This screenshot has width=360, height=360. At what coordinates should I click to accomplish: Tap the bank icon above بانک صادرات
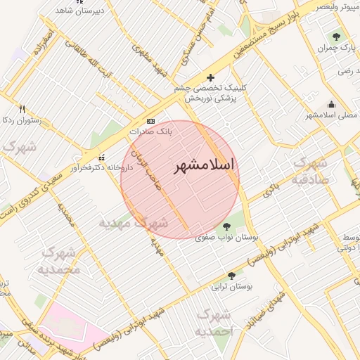[150, 121]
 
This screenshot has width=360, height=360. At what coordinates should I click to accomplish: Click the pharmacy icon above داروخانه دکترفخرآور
[103, 157]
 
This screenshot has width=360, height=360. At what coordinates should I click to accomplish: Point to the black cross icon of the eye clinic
[210, 77]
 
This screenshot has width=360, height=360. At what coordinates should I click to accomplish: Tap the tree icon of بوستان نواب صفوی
[226, 226]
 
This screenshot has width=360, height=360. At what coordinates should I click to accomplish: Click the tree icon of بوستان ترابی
[231, 276]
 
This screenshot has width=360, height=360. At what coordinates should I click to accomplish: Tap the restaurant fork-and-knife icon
[22, 109]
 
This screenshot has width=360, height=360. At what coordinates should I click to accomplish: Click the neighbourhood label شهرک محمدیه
[60, 260]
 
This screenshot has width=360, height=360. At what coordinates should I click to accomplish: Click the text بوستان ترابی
[235, 287]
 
